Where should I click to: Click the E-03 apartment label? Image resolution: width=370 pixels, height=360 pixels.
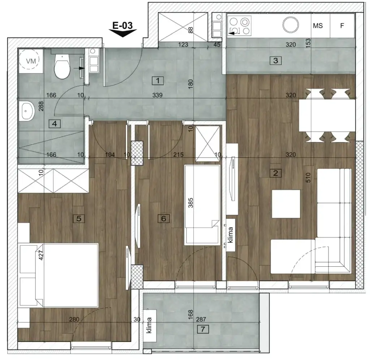coord(123,25)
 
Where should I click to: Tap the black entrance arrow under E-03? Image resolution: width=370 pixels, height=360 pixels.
coord(123,33)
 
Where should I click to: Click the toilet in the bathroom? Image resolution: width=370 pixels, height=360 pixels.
coord(62,67)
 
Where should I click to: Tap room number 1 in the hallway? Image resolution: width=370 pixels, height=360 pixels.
coord(158,80)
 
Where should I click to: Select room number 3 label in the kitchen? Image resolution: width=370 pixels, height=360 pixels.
coord(275,60)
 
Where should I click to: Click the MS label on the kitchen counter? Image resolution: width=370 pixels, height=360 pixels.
coord(318,26)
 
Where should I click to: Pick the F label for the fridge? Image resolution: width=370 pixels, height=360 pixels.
coord(342,26)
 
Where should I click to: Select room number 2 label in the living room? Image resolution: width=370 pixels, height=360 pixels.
coord(276,173)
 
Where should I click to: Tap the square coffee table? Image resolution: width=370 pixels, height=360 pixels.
coord(286,204)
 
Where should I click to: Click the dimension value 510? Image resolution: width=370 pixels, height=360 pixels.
coord(308,177)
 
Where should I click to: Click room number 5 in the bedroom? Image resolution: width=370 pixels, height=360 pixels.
coord(78,218)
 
